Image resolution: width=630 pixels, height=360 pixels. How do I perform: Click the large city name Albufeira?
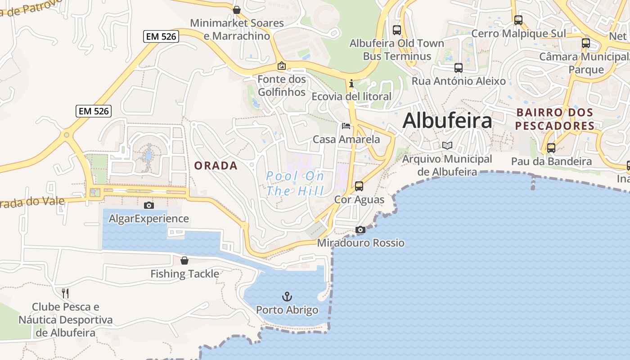coord(447,121)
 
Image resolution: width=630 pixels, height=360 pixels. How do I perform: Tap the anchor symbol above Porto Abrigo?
coord(287,297)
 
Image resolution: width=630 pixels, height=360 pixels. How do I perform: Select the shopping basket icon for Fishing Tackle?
coord(184,261)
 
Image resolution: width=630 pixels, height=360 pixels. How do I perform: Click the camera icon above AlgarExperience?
coord(148,206)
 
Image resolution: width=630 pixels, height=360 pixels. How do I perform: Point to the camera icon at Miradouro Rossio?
coord(360,230)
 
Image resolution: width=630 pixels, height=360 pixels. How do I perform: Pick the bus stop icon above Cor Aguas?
coord(359,186)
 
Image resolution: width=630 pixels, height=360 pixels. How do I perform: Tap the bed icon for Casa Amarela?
coord(346,126)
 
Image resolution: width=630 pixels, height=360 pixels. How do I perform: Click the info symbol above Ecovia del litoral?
coord(351,83)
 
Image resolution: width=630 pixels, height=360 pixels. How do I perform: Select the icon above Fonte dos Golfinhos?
coord(281,66)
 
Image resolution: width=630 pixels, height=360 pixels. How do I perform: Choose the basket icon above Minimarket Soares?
coord(236,9)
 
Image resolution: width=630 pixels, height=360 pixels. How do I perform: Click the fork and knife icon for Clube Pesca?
coord(65,293)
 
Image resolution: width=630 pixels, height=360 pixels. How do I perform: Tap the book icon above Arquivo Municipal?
coord(447,145)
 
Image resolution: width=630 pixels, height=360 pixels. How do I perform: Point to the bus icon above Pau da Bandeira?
coord(551,148)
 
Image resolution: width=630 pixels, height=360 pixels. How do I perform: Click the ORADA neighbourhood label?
coord(216,166)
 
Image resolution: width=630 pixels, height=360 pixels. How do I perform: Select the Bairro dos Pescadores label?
coord(554,119)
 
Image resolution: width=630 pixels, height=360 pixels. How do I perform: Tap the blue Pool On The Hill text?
coord(295,183)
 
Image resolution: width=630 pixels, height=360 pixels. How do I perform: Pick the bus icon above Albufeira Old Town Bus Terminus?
coord(396,30)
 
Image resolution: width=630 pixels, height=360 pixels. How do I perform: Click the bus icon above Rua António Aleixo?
coord(458,68)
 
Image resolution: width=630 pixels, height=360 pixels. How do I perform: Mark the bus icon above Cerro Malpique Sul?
coord(518,20)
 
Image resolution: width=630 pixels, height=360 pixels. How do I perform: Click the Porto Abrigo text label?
coord(287,310)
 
